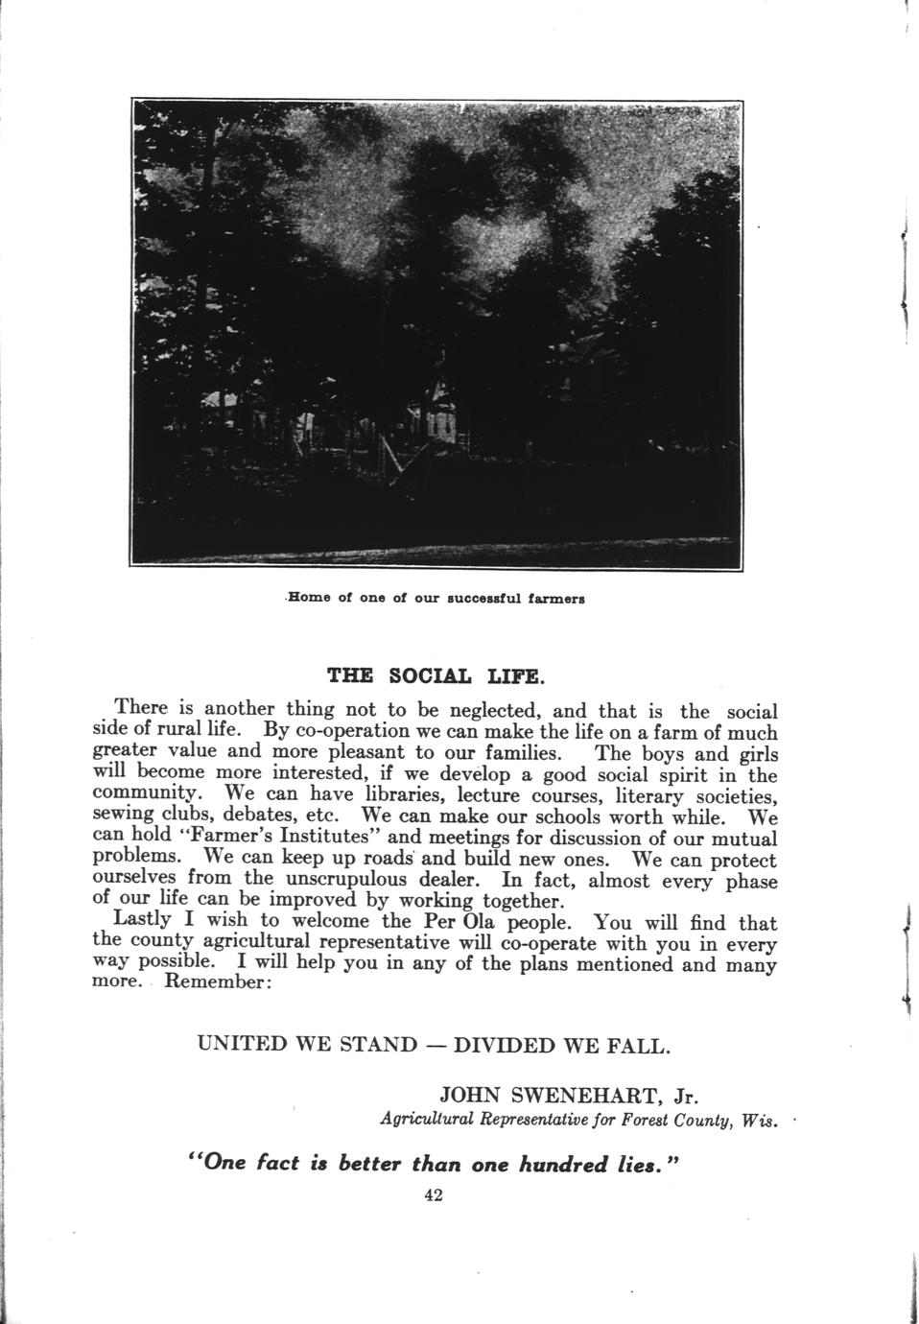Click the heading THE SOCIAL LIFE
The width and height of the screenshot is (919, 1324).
436,674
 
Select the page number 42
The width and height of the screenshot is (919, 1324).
433,1195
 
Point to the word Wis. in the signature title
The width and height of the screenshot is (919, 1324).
759,1121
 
